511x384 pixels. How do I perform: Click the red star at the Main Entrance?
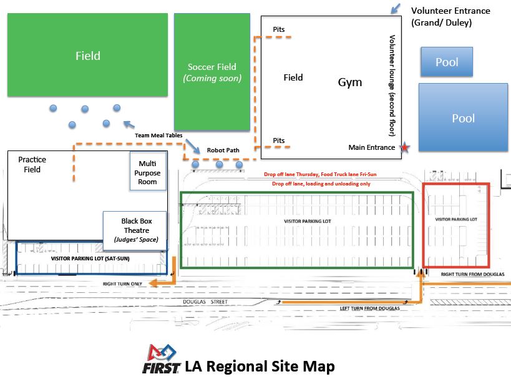pos(404,147)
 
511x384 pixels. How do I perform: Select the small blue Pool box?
pos(447,62)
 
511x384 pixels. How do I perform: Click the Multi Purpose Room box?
pos(148,171)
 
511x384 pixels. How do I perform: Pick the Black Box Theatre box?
pos(135,230)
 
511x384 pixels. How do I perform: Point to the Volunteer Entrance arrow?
pos(396,9)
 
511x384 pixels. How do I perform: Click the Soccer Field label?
pos(212,67)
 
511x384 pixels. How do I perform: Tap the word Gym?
pos(349,82)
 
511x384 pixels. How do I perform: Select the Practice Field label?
pos(32,164)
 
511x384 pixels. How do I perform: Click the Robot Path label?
pos(223,150)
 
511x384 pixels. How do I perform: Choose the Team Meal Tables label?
pos(158,135)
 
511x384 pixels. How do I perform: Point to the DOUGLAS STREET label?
pos(205,302)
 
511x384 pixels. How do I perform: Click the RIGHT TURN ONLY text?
pos(122,284)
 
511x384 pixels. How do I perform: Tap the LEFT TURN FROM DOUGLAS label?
pos(369,308)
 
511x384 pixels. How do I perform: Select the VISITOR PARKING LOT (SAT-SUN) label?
pos(90,258)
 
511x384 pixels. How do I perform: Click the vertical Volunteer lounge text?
pos(392,86)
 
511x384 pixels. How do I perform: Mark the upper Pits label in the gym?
pos(279,29)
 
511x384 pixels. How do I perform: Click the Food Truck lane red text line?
pos(320,174)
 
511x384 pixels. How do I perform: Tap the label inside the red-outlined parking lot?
pos(456,219)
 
